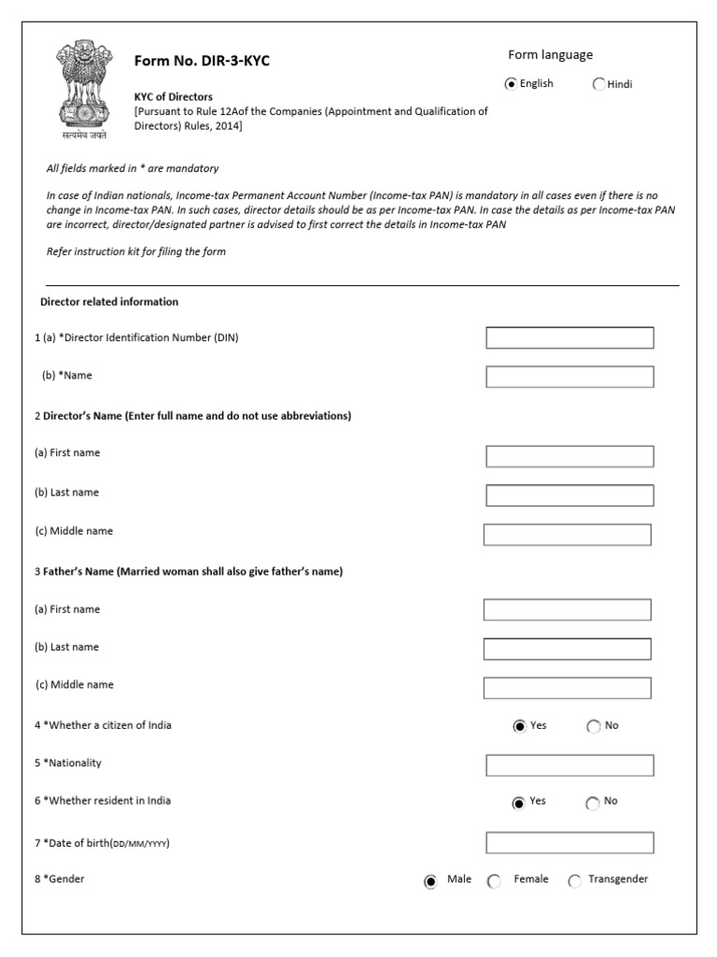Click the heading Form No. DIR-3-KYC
(203, 62)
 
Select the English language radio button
(511, 84)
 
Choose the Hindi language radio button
(598, 84)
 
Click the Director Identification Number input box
(569, 337)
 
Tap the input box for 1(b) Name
(569, 376)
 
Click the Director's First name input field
(569, 456)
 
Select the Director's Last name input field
(569, 495)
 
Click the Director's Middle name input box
(568, 535)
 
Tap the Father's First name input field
(568, 610)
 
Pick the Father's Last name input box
(568, 649)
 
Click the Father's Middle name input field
(568, 688)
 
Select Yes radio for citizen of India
(519, 727)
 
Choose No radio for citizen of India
(593, 727)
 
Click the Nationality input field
(569, 765)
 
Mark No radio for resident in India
(593, 803)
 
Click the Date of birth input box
(569, 843)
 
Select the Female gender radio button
(494, 880)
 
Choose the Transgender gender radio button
(574, 880)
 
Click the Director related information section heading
(109, 302)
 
